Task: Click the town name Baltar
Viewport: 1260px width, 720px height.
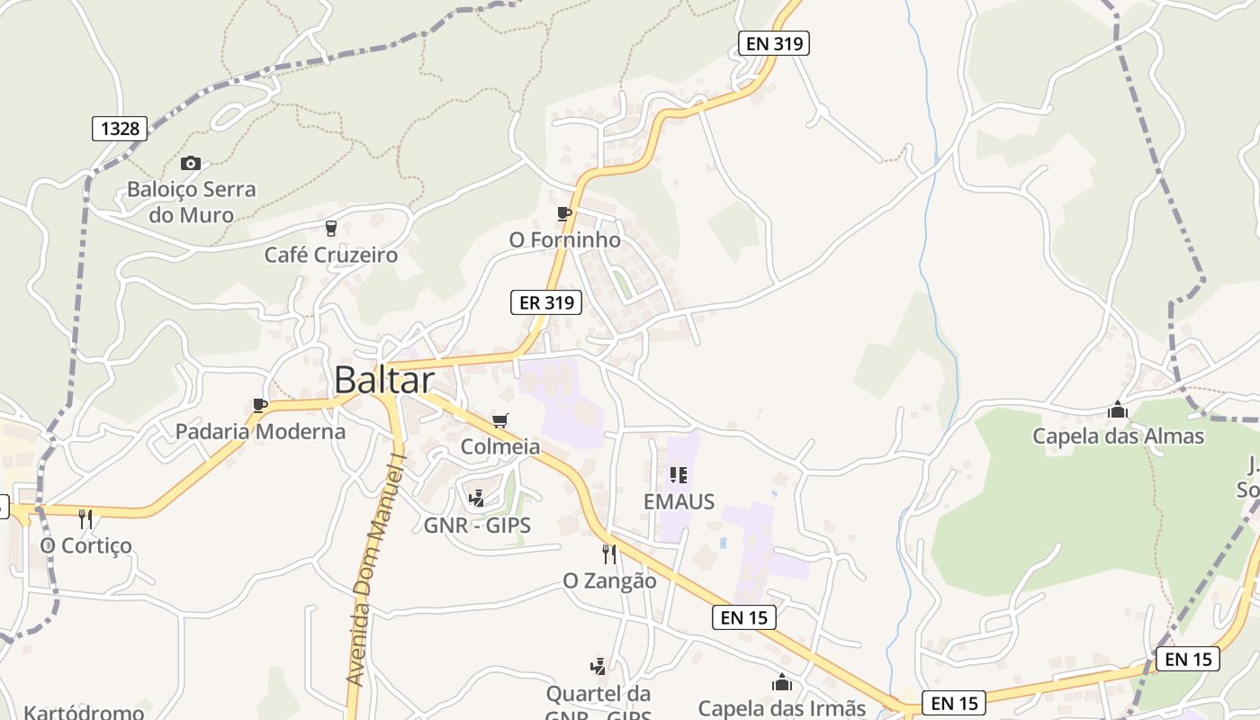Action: (384, 380)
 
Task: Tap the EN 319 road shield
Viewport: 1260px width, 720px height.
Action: (773, 42)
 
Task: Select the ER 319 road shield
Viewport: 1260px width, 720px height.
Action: (546, 302)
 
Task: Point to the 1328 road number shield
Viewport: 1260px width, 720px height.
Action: (120, 128)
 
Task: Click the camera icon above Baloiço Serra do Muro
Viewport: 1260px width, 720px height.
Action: (190, 163)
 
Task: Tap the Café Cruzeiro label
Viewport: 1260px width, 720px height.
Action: (330, 255)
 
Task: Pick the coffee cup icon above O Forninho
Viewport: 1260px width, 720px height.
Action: (564, 213)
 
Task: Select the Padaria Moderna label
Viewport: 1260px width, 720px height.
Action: (260, 431)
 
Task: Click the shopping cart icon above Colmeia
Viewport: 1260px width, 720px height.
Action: (500, 420)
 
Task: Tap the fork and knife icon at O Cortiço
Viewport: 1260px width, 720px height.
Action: (85, 518)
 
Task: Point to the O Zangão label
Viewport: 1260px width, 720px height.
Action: (609, 581)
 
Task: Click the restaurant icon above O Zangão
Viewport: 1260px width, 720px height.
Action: (609, 553)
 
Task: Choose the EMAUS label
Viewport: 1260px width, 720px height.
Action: (679, 501)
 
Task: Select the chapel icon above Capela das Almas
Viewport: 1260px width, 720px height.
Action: (1118, 410)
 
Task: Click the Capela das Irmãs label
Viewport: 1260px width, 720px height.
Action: (781, 708)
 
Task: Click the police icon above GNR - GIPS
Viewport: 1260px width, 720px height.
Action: (476, 498)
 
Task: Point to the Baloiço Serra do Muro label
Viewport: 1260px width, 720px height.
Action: (191, 202)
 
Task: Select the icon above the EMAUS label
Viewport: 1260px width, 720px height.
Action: (679, 474)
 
